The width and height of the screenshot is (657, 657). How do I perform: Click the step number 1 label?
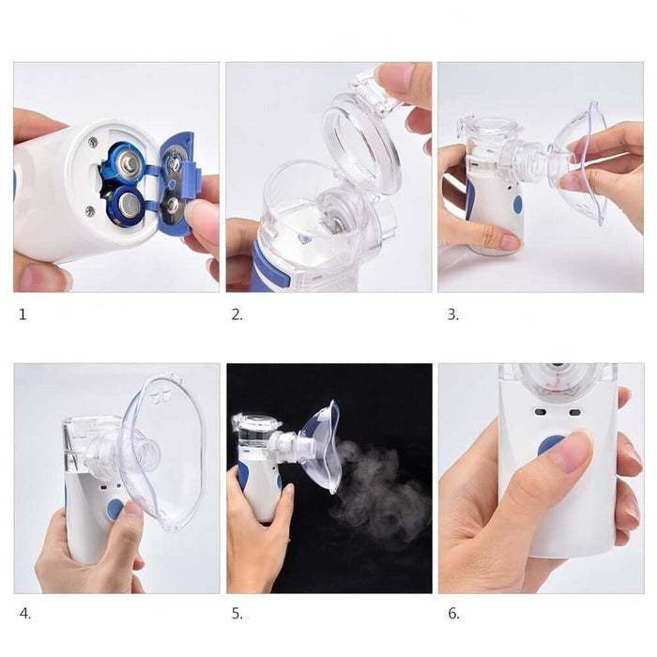pyautogui.click(x=23, y=314)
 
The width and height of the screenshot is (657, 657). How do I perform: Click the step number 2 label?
pyautogui.click(x=237, y=314)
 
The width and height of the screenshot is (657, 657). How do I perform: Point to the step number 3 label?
pyautogui.click(x=453, y=314)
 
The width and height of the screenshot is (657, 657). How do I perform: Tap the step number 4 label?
pyautogui.click(x=25, y=614)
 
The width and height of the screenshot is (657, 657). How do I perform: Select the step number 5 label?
pyautogui.click(x=237, y=614)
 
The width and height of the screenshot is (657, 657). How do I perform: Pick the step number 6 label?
pyautogui.click(x=453, y=614)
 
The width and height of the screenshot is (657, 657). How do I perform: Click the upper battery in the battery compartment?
pyautogui.click(x=127, y=162)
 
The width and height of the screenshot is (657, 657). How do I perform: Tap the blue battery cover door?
pyautogui.click(x=177, y=184)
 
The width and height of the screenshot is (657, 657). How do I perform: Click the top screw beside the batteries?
pyautogui.click(x=93, y=143)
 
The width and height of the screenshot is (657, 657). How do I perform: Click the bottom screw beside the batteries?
pyautogui.click(x=90, y=210)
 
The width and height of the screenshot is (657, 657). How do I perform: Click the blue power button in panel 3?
pyautogui.click(x=518, y=205)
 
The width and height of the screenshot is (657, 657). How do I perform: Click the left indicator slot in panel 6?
pyautogui.click(x=540, y=412)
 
